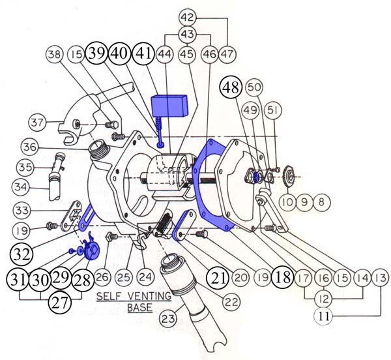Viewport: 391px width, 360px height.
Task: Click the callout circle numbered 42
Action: (188, 18)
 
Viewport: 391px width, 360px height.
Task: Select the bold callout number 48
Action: (231, 87)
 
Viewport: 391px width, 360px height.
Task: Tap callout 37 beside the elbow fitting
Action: (37, 123)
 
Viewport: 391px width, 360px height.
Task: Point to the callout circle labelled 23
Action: (168, 318)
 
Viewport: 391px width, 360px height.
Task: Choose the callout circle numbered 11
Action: (323, 316)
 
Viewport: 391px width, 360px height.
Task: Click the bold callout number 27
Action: (60, 303)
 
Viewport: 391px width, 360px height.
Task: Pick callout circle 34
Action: (21, 187)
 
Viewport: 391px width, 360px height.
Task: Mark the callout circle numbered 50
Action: (254, 87)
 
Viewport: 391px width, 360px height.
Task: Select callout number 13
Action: (381, 278)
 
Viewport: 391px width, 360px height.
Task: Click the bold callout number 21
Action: (218, 277)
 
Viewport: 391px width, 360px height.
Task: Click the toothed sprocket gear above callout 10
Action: (289, 177)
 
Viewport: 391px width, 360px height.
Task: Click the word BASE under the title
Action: (140, 307)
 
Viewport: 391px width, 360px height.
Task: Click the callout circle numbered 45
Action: (188, 54)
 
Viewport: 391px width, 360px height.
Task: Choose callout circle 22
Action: (231, 302)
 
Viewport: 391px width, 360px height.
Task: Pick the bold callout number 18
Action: (282, 277)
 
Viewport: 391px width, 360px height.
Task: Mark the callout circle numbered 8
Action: (322, 202)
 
